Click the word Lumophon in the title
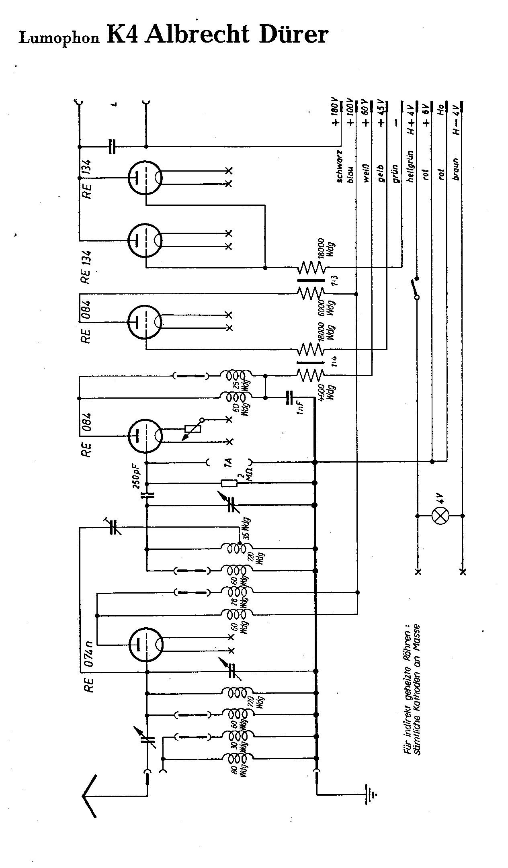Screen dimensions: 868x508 click(59, 38)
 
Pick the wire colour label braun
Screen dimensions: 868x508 click(456, 169)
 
